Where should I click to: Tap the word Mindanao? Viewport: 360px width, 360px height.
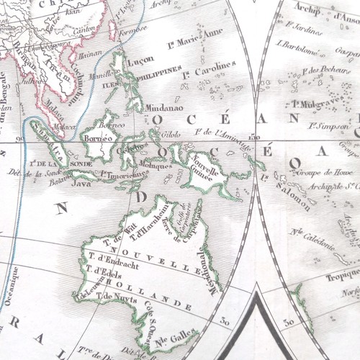[164, 107]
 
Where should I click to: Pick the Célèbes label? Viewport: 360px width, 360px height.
[130, 148]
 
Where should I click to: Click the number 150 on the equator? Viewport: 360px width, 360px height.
[253, 137]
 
